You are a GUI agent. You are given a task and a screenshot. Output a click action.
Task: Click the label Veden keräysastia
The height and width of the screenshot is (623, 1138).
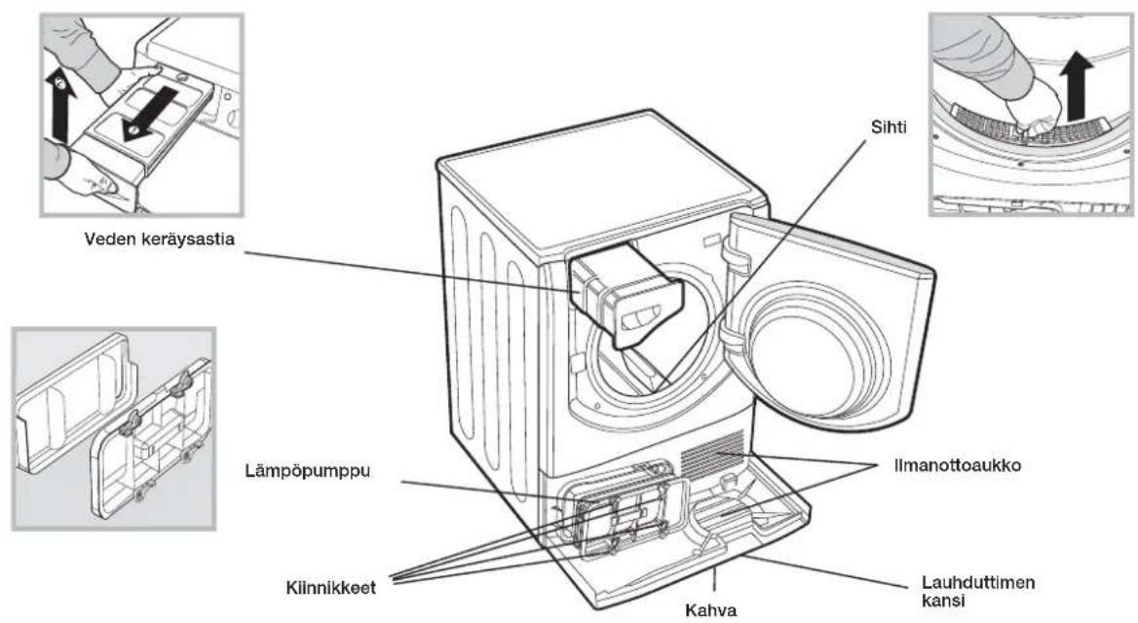coord(160,239)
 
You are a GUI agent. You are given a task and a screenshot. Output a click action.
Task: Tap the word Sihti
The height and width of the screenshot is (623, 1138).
coord(889,127)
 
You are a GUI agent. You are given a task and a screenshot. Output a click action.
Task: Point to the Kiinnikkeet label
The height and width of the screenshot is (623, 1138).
coord(331,587)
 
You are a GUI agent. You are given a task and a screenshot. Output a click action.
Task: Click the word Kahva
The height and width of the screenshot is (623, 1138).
coord(711,610)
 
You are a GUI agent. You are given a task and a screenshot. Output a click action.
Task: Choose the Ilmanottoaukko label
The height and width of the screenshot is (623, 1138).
coord(958,465)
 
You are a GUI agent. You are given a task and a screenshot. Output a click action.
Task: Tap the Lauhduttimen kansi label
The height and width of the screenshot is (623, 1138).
coord(977,591)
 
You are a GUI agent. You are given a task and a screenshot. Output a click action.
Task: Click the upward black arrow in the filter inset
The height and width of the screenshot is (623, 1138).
coord(1076,87)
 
